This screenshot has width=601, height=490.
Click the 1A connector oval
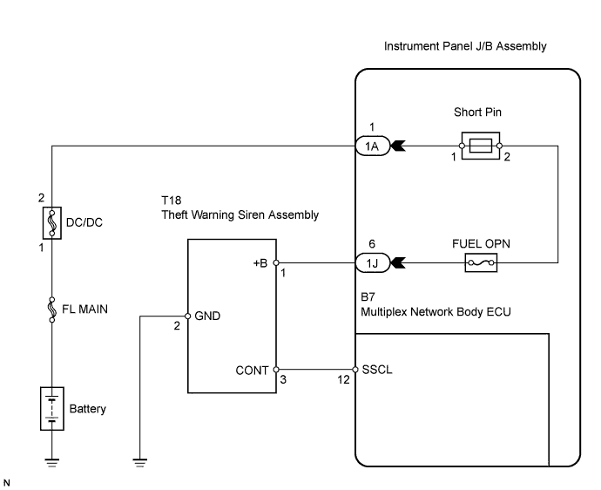[x=372, y=146]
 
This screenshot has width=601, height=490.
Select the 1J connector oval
[x=372, y=262]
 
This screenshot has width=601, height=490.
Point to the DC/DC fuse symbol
[x=52, y=221]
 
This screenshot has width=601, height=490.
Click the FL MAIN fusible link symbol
[x=52, y=308]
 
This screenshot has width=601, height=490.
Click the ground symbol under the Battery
[x=52, y=462]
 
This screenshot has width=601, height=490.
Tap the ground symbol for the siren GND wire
[x=139, y=462]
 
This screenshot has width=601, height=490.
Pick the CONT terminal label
[x=253, y=370]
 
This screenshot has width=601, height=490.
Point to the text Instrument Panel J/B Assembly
[x=465, y=46]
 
